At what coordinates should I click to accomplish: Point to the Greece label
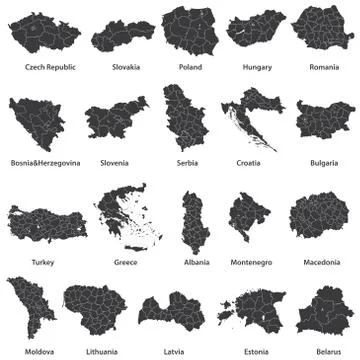pyautogui.click(x=126, y=262)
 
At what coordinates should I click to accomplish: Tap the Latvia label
pyautogui.click(x=173, y=351)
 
